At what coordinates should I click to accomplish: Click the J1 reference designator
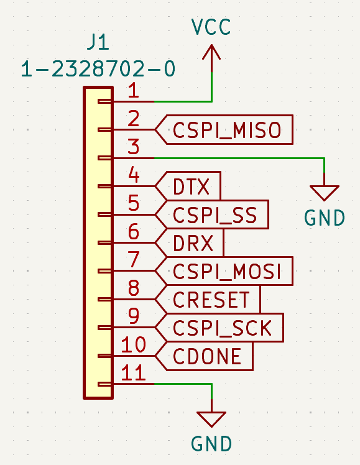(98, 42)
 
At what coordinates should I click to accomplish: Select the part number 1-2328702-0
(98, 69)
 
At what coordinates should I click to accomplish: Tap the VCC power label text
(211, 27)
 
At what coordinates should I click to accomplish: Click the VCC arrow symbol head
(211, 52)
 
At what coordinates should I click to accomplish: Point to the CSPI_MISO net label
(224, 129)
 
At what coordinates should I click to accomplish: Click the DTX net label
(188, 186)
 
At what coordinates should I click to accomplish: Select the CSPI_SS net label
(212, 214)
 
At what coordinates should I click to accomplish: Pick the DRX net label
(190, 243)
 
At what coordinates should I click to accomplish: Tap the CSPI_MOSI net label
(224, 271)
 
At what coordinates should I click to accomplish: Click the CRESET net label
(208, 299)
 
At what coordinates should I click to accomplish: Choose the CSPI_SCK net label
(219, 328)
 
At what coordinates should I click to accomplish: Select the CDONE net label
(205, 356)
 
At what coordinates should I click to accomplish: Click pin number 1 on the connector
(134, 90)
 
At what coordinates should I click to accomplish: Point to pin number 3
(134, 147)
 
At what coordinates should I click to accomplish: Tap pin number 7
(134, 260)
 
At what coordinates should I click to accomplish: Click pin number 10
(134, 344)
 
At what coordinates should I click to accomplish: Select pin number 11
(134, 373)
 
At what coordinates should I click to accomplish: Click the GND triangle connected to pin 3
(325, 193)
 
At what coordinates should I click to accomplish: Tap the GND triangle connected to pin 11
(211, 419)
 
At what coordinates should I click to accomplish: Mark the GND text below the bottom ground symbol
(211, 444)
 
